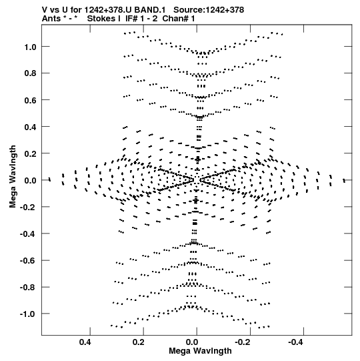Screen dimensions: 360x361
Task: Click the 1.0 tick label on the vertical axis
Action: (x=31, y=47)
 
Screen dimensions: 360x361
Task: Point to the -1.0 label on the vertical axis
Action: (x=28, y=314)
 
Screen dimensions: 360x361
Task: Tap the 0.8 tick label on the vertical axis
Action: (x=31, y=73)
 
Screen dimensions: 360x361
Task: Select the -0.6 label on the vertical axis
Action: (x=28, y=261)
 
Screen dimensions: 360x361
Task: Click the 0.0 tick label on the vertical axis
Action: (x=31, y=180)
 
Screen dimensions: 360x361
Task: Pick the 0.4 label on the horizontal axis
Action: (x=85, y=342)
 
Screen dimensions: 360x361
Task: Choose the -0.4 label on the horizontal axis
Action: (x=295, y=342)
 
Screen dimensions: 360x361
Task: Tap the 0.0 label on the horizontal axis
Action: (x=192, y=342)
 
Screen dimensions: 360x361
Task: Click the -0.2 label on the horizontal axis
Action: (x=242, y=342)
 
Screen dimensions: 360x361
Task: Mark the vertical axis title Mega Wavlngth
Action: (x=13, y=177)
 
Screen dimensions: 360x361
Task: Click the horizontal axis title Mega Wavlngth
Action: (x=200, y=351)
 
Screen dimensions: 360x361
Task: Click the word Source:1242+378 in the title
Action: (x=209, y=10)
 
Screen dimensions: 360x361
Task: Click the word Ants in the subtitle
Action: (x=51, y=19)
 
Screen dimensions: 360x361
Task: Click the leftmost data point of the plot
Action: (x=49, y=179)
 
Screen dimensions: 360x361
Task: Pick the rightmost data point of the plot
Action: (x=344, y=180)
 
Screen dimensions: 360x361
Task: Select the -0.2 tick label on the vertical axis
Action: (x=28, y=208)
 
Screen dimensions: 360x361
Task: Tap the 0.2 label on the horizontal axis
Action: (x=139, y=342)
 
